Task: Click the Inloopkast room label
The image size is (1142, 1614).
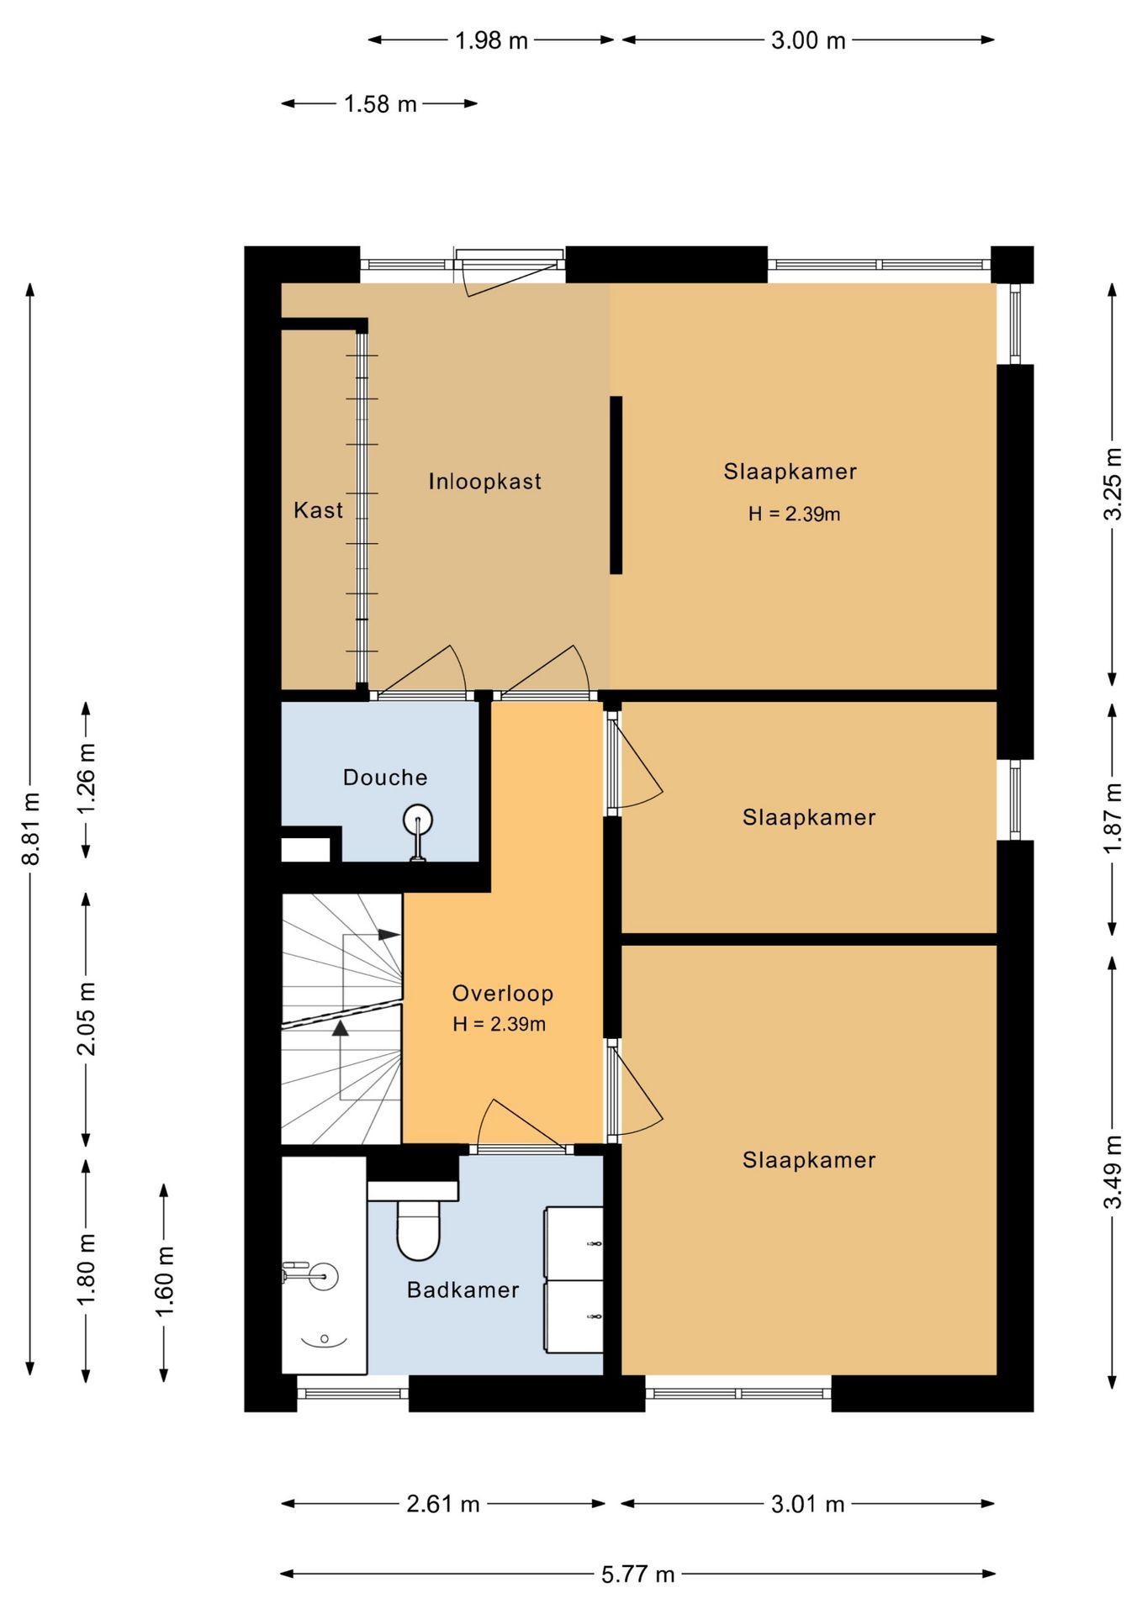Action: click(x=484, y=482)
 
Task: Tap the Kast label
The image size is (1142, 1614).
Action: click(x=318, y=510)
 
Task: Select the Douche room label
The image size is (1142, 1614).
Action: click(x=385, y=778)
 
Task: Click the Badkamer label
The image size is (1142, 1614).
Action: click(x=463, y=1290)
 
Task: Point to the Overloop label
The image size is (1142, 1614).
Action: click(x=503, y=994)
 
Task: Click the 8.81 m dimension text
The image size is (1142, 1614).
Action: click(x=31, y=828)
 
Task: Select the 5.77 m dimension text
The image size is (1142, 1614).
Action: click(x=637, y=1574)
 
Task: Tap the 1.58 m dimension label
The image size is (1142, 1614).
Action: click(x=380, y=104)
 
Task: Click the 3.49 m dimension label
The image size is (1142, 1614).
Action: click(x=1113, y=1172)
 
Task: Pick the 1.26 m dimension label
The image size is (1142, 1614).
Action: click(x=87, y=778)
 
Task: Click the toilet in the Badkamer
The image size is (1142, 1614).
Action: click(x=418, y=1229)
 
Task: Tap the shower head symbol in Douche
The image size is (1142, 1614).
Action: click(x=418, y=819)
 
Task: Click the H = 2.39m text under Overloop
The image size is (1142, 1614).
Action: click(x=499, y=1025)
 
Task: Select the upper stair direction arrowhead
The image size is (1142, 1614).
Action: click(x=389, y=934)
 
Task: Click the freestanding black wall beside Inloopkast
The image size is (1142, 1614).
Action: click(x=616, y=485)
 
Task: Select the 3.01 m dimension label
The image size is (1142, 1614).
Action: click(x=807, y=1504)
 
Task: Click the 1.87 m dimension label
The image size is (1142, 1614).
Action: click(x=1113, y=817)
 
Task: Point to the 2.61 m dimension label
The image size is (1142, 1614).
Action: click(x=442, y=1504)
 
